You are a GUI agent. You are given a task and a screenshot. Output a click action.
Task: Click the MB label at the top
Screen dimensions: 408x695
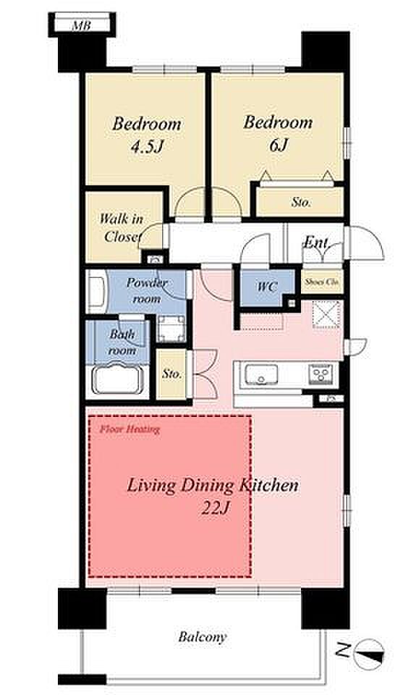pos(81,26)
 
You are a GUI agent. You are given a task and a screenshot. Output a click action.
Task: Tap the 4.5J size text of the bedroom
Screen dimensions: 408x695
pos(147,146)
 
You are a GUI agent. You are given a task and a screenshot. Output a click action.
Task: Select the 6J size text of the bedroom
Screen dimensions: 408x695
pos(279,145)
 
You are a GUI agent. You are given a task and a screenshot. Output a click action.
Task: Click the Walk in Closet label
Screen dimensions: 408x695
pos(121,228)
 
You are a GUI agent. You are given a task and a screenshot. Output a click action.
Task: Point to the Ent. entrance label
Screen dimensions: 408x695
pos(316,242)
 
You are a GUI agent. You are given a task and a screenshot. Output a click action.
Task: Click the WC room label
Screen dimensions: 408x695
pos(267,287)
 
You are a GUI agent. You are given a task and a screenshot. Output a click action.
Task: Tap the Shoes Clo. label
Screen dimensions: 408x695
pos(322,282)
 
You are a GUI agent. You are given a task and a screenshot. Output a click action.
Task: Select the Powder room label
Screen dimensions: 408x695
pos(147,290)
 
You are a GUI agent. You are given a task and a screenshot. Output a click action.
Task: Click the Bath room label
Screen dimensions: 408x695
pos(122,342)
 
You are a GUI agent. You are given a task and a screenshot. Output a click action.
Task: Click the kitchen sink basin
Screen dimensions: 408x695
pos(262,374)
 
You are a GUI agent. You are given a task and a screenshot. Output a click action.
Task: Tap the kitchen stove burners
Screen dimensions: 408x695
pos(320,374)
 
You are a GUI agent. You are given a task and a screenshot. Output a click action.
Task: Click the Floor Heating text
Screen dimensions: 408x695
pos(129,429)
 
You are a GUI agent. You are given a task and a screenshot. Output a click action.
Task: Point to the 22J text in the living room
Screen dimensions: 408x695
pos(216,508)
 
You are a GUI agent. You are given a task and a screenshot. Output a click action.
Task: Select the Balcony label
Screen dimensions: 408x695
pos(203,637)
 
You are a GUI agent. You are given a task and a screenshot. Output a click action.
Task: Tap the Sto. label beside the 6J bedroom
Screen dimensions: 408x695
pos(301,203)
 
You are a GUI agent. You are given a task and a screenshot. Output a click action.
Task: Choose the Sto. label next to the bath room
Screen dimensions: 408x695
pos(171,374)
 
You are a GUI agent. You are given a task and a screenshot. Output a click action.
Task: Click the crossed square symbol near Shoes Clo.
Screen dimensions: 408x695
pos(326,315)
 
